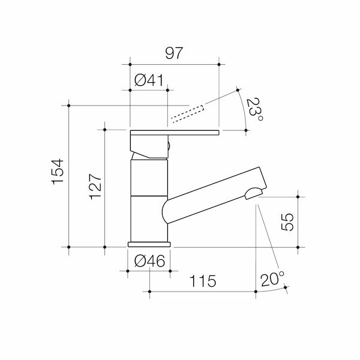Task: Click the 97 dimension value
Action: pos(173,53)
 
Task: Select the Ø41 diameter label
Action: pos(149,80)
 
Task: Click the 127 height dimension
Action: pos(94,187)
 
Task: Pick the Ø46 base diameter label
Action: pos(149,262)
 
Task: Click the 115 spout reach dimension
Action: pos(202,281)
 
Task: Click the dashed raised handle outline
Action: pos(188,112)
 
